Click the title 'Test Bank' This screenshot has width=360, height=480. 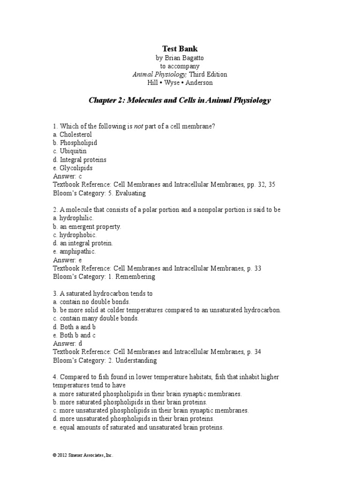[180, 48]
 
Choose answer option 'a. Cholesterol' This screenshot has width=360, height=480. [72, 135]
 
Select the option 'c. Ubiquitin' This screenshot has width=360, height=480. [70, 151]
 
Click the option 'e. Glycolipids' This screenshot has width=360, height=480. [73, 168]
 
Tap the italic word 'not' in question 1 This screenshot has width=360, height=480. [138, 126]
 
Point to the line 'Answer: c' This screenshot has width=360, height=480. [67, 176]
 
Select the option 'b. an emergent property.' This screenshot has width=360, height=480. [87, 226]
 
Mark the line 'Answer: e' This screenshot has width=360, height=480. [67, 260]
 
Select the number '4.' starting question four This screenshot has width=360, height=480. [55, 377]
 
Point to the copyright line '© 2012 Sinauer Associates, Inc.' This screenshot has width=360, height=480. [83, 455]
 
